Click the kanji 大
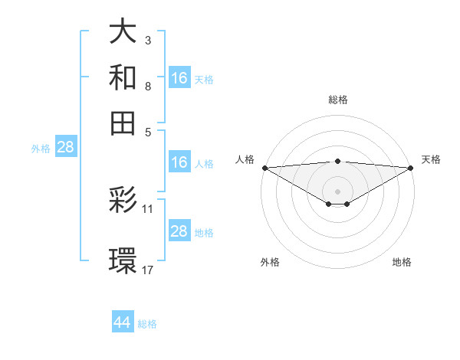coord(123,34)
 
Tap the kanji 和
coord(123,77)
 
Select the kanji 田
coord(123,121)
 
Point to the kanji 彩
coord(123,201)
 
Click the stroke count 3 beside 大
coord(147,40)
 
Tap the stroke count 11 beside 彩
coord(148,208)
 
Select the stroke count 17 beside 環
coord(148,270)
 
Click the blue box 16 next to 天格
coord(179,77)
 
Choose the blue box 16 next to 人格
coord(179,162)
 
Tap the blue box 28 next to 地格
coord(179,231)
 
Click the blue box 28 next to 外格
coord(65,147)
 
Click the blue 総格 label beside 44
coord(147,324)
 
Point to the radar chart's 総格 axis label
coord(337,100)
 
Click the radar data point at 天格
coord(411,168)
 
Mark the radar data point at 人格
coord(264,168)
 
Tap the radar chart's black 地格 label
coord(402,263)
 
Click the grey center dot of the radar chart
coord(337,191)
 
